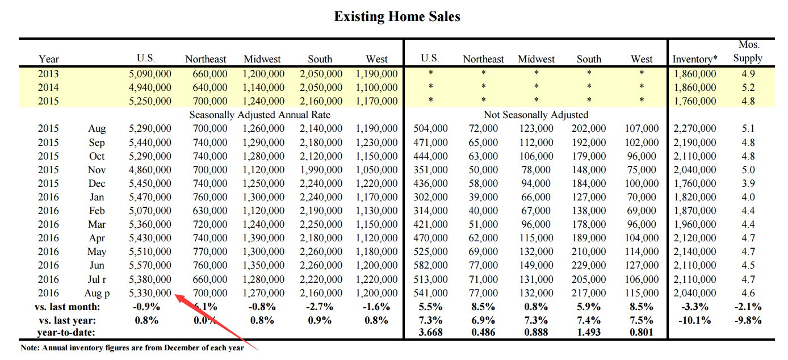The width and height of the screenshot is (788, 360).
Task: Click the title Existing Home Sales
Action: pyautogui.click(x=397, y=16)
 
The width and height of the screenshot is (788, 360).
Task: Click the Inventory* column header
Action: pyautogui.click(x=695, y=58)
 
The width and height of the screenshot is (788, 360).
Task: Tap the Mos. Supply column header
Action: pyautogui.click(x=748, y=51)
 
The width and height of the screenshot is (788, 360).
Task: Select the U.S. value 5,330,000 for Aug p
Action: pyautogui.click(x=150, y=293)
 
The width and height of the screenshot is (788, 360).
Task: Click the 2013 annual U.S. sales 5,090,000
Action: pyautogui.click(x=150, y=74)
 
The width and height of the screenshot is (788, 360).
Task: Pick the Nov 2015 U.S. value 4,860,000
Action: pyautogui.click(x=150, y=170)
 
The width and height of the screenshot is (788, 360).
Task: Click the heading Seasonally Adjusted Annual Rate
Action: pyautogui.click(x=260, y=115)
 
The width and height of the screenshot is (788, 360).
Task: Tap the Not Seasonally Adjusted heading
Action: pyautogui.click(x=536, y=115)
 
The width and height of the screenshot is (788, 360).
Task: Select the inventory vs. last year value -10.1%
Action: pyautogui.click(x=694, y=320)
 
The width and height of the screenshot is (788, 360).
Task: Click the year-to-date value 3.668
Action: pyautogui.click(x=430, y=332)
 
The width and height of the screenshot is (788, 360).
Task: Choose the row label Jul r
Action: pyautogui.click(x=97, y=279)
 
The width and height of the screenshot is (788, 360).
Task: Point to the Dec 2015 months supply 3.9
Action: pyautogui.click(x=748, y=183)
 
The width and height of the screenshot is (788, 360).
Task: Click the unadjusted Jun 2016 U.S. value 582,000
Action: pyautogui.click(x=430, y=265)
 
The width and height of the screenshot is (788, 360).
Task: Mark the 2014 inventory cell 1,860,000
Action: pyautogui.click(x=695, y=87)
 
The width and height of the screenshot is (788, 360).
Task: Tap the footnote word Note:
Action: pyautogui.click(x=30, y=348)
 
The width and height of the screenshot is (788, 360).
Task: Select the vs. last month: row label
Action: pyautogui.click(x=67, y=307)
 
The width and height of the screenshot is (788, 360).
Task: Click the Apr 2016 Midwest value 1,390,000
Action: pyautogui.click(x=263, y=238)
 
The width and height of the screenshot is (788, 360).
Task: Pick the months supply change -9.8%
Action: pyautogui.click(x=748, y=320)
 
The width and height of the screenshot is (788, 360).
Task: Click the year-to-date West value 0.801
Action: pyautogui.click(x=642, y=332)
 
